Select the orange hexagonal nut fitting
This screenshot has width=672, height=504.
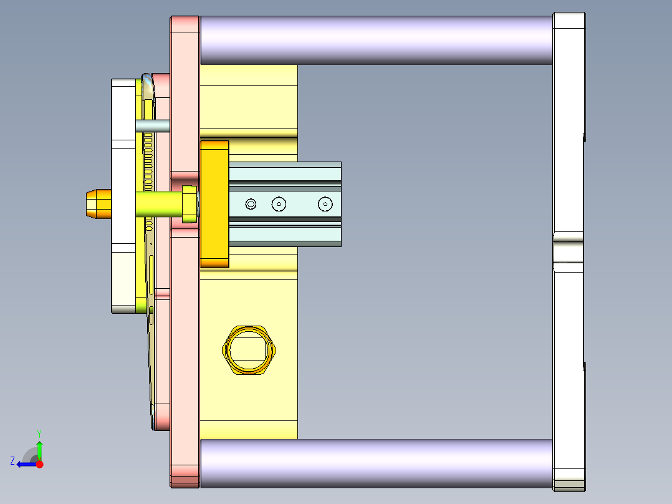(249, 350)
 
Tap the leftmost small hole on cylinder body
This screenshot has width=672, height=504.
(251, 204)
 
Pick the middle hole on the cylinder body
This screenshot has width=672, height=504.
(279, 204)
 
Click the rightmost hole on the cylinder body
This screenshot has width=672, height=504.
(325, 204)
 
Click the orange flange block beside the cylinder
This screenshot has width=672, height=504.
(214, 204)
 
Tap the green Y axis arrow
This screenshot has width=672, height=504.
(39, 448)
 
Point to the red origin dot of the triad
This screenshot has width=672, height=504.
(39, 464)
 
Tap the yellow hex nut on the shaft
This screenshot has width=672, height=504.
(189, 204)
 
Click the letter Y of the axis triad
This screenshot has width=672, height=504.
(39, 433)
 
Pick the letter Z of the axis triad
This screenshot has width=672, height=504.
(12, 460)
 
